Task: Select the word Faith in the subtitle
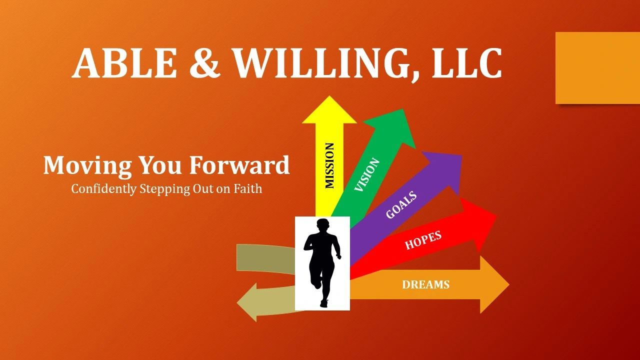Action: coord(247,189)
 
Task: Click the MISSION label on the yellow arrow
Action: coord(329,165)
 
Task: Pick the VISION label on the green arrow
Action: coord(367,174)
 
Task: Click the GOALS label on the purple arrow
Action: coord(401,204)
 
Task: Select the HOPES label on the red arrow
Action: coord(423,239)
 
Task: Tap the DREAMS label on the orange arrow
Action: coord(425,284)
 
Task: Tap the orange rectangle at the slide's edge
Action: coord(597,67)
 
